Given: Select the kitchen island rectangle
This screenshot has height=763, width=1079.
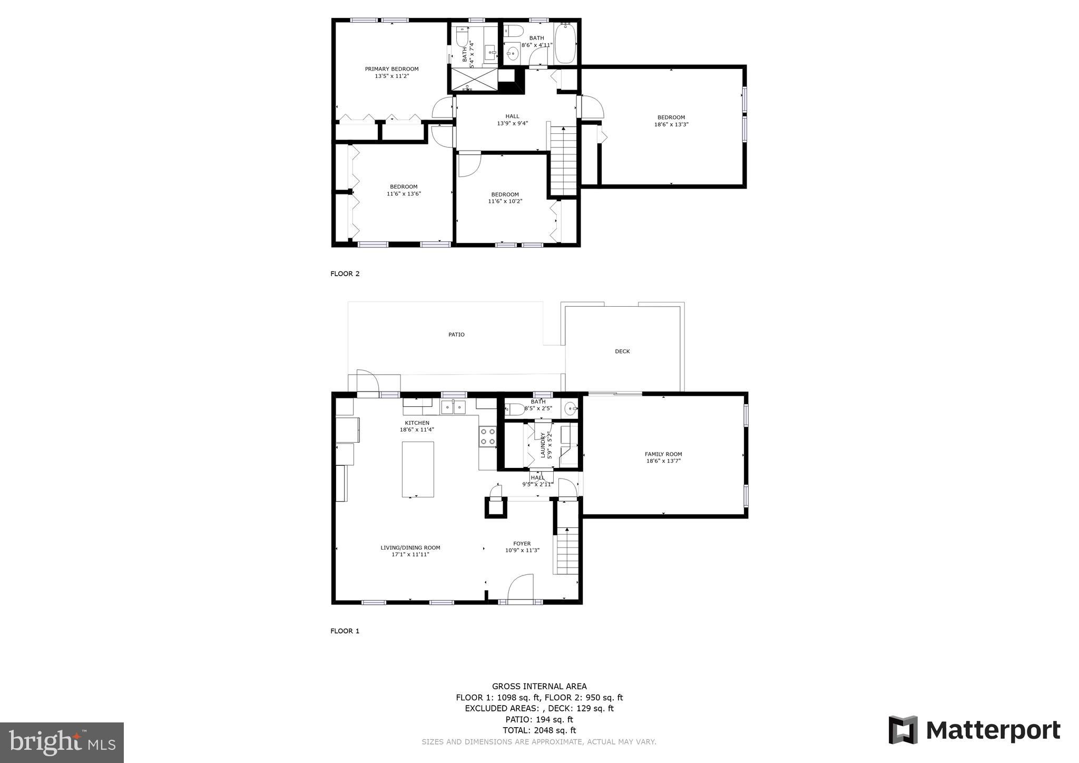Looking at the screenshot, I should (x=418, y=469).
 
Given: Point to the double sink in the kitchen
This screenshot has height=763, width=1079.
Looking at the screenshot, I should (x=453, y=407).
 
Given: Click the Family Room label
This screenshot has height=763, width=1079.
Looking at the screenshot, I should (x=663, y=454).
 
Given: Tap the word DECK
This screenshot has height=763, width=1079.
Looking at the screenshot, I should (x=622, y=351).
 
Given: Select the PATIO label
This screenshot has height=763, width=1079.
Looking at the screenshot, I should (x=456, y=335).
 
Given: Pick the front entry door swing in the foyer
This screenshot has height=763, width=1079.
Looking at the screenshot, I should (x=520, y=586).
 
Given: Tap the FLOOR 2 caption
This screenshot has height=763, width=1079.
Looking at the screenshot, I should (x=345, y=273).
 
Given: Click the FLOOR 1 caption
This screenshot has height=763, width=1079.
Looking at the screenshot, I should (x=345, y=631).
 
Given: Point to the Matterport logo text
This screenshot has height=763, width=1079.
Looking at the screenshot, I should (x=993, y=731).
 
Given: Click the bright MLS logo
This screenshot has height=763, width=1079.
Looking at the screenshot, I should (x=62, y=742).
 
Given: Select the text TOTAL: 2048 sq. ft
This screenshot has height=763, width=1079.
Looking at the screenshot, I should (x=539, y=730).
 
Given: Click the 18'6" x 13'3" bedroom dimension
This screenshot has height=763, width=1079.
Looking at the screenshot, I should (x=671, y=125).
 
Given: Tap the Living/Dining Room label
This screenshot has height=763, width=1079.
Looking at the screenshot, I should (x=410, y=547).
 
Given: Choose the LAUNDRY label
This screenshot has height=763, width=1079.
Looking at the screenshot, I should (x=543, y=445).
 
